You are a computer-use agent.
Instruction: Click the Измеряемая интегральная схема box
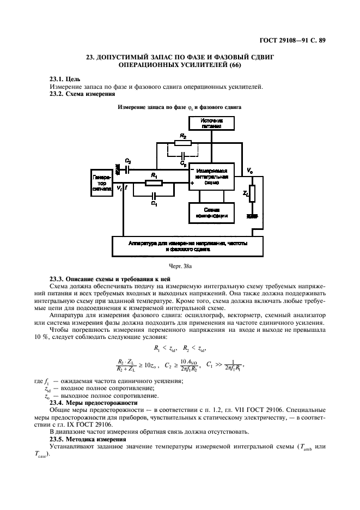[x=211, y=177]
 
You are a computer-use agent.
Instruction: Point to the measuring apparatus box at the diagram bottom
[x=188, y=245]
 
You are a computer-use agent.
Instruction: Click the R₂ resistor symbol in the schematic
[x=184, y=144]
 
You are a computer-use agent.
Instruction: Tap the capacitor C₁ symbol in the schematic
[x=154, y=195]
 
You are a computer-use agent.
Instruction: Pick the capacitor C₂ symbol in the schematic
[x=127, y=169]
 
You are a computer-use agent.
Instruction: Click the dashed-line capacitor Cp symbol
[x=182, y=157]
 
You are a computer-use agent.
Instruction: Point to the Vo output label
[x=249, y=171]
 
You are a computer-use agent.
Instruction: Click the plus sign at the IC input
[x=192, y=184]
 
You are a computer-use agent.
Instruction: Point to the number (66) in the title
[x=235, y=65]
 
